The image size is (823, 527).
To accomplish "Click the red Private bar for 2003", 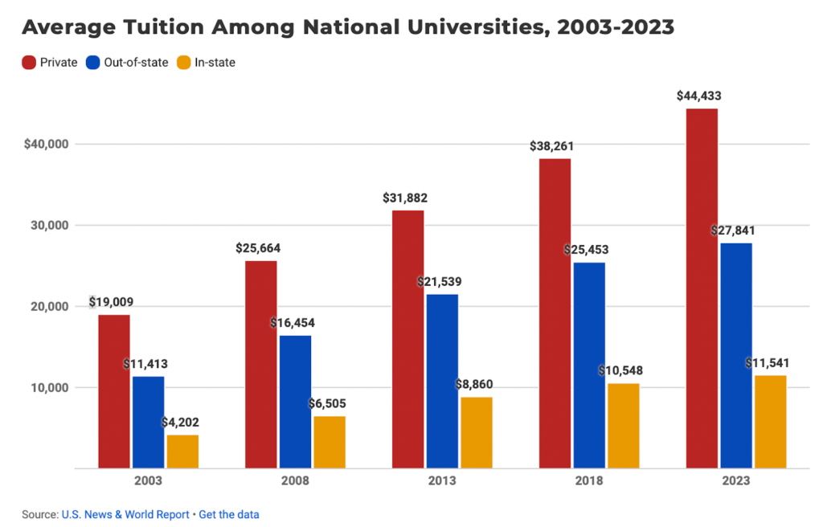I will (x=114, y=391).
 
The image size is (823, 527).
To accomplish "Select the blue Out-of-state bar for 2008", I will (x=295, y=402).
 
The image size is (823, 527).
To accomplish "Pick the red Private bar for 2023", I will (x=702, y=288).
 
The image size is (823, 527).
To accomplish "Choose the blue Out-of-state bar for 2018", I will (x=589, y=366).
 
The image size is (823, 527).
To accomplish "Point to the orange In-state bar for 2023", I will (x=770, y=422).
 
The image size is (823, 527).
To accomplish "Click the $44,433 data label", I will (x=698, y=96).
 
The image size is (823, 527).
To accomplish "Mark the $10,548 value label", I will (x=620, y=371).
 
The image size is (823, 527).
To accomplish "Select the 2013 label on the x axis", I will (x=442, y=481).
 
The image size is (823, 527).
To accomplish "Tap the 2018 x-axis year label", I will (x=589, y=481).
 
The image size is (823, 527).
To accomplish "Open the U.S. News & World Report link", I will (x=125, y=514).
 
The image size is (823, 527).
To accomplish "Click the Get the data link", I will (x=229, y=514).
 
